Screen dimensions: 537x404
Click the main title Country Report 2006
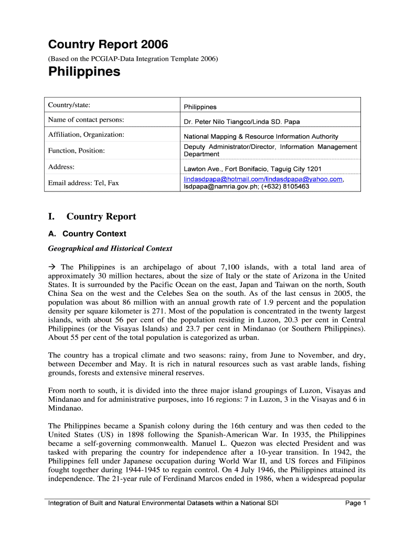click(108, 45)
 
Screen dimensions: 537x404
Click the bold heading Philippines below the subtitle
click(84, 72)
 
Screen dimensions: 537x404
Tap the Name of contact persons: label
click(86, 120)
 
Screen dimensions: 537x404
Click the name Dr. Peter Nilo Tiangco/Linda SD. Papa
click(241, 122)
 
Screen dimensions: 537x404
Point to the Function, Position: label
click(76, 151)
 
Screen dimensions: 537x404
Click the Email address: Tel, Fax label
click(83, 183)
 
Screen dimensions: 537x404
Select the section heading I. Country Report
click(92, 217)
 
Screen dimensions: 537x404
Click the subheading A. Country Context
click(87, 234)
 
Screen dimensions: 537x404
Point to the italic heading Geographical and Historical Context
click(110, 248)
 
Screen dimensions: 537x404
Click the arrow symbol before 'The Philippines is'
click(52, 267)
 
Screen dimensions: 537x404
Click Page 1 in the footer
click(355, 503)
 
